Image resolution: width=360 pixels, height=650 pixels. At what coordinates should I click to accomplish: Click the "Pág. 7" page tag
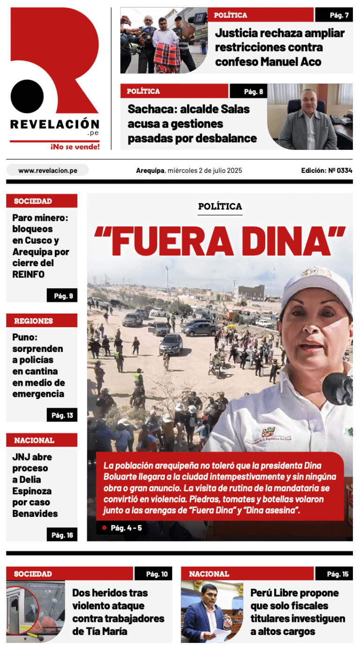coord(334,15)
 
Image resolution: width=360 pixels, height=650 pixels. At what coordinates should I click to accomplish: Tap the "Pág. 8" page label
coord(248,91)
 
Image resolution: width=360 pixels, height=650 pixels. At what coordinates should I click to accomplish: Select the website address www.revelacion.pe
coord(47,171)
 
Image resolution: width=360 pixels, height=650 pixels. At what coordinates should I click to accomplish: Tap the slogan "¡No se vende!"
coord(75,147)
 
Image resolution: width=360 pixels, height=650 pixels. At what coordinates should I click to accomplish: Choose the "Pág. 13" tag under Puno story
coord(62,415)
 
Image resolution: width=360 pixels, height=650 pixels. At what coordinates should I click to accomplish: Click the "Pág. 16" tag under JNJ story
coord(62,535)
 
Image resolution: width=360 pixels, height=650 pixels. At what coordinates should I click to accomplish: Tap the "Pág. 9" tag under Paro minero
coord(62,296)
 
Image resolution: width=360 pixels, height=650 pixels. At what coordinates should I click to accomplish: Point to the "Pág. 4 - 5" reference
coord(126,528)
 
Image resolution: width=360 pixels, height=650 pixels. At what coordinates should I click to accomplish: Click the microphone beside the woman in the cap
coord(338,388)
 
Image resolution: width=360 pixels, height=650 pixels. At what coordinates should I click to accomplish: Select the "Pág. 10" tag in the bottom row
coord(153,574)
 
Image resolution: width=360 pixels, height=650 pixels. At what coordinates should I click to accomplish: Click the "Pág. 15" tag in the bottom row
coord(334,574)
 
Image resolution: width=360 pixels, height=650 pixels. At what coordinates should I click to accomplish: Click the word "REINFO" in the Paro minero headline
coord(28,275)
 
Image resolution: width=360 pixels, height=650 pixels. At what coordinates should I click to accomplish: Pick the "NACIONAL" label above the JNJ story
coord(34,441)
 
